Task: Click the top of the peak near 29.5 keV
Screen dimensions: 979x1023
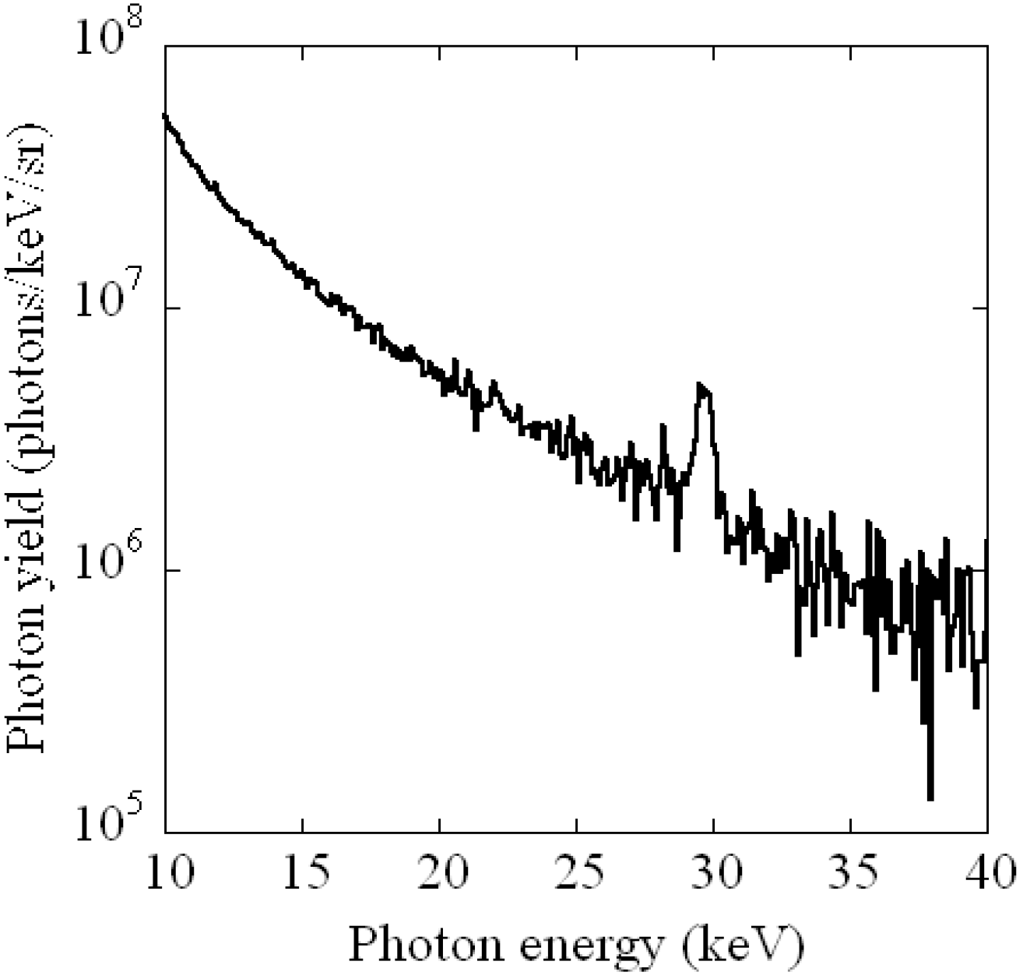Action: [x=701, y=384]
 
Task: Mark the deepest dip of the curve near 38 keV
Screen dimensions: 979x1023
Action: [x=930, y=798]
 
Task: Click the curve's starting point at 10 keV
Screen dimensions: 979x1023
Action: [x=165, y=115]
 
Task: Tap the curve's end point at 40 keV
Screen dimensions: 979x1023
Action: [x=987, y=540]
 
